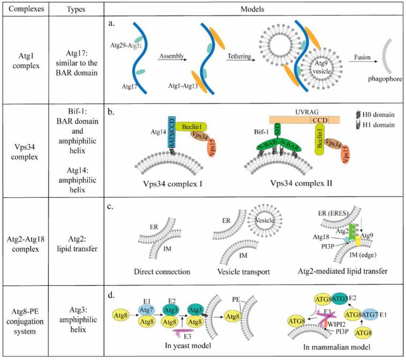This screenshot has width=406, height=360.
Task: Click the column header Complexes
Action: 23,10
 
